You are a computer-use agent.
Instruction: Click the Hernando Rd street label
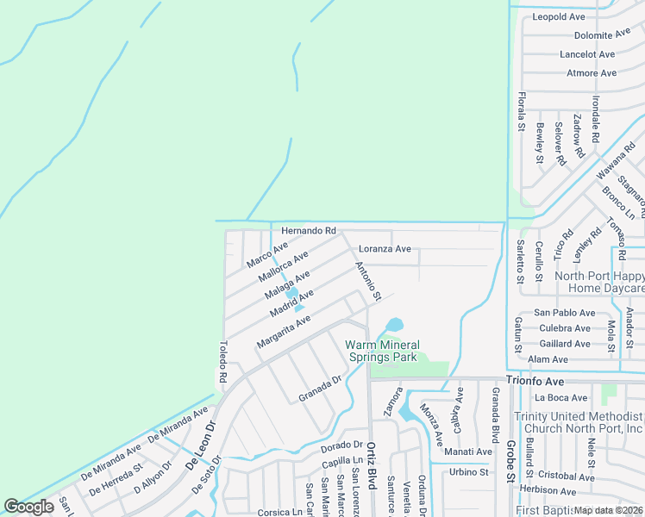308,231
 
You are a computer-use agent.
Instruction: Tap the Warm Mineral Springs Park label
381,351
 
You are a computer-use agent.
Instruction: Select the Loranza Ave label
385,249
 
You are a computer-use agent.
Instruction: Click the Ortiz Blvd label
372,464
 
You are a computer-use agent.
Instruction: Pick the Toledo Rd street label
222,362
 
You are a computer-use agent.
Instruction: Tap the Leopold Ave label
559,16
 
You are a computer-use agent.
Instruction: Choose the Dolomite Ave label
603,35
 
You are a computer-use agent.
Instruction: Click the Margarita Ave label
283,332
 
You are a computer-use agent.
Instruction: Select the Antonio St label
368,283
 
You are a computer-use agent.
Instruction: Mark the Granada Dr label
321,389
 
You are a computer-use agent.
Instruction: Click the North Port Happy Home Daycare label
600,282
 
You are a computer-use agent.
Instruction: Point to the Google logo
28,507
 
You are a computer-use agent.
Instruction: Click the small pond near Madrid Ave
292,293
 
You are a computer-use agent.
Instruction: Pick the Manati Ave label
468,452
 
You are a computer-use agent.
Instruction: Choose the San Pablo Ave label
564,313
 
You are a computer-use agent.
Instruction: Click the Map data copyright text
609,510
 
